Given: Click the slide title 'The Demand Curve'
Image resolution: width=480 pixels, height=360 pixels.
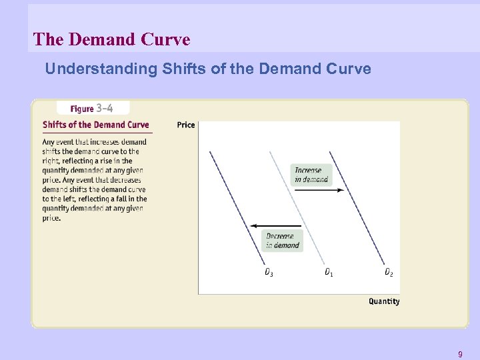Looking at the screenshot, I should click(x=111, y=39).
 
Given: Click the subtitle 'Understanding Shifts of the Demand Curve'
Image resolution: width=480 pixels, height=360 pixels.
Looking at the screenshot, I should click(x=208, y=69).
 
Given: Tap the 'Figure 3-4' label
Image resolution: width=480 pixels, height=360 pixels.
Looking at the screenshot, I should click(x=93, y=108).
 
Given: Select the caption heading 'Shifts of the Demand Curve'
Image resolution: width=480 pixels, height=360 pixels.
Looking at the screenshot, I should click(x=96, y=125).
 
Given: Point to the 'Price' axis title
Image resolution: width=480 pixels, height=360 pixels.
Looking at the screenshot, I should click(x=186, y=125).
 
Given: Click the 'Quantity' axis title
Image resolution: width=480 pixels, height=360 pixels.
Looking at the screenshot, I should click(x=384, y=301).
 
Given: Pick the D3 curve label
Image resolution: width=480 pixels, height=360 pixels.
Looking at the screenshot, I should click(x=269, y=272).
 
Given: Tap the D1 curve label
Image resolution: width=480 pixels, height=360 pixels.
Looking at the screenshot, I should click(x=329, y=272).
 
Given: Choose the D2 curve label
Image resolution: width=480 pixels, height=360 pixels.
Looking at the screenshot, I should click(x=389, y=272).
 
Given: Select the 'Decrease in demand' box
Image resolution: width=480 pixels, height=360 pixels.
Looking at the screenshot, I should click(x=283, y=241).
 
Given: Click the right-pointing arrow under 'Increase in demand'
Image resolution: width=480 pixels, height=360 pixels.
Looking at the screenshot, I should click(x=319, y=190).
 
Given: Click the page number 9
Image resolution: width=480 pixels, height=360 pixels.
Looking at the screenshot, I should click(x=459, y=354).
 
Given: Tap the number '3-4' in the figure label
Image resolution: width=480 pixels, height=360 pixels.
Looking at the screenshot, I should click(x=105, y=108).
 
